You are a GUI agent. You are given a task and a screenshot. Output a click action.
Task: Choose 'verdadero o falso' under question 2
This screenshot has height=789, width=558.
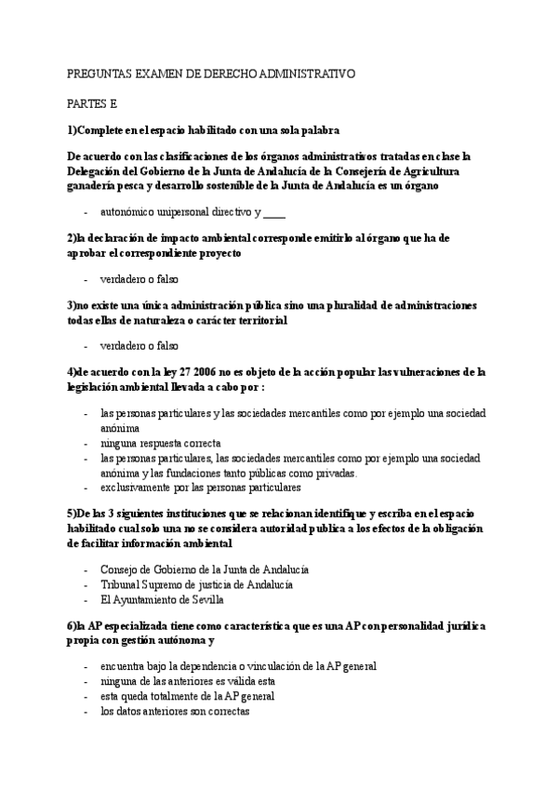(139, 279)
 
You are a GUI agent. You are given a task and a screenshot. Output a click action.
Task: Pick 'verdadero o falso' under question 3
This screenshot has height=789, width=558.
(139, 345)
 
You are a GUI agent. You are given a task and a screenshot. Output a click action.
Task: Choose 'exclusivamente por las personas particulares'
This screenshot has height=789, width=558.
(200, 487)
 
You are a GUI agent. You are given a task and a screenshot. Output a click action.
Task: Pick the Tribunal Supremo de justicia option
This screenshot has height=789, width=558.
(197, 583)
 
